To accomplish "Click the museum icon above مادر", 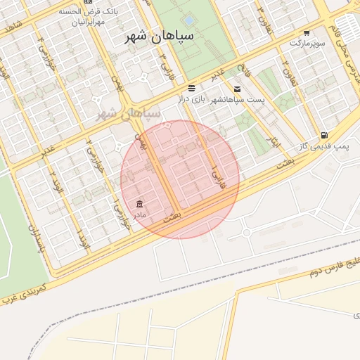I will point(139,204).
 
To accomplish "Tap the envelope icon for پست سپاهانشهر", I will point(237,89).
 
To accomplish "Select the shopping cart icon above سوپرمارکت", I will point(307,33).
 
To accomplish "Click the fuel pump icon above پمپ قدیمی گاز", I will point(323,135).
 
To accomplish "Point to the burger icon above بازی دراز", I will point(192,88).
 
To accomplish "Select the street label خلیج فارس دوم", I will point(335,265).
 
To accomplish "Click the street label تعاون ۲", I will point(286,70).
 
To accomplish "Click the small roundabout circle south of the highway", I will point(247,232).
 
